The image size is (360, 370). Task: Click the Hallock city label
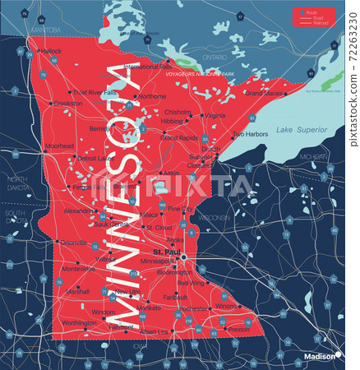51,51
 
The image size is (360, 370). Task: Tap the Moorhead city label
58,146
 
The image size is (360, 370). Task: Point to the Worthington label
80,322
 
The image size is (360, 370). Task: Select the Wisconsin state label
213,218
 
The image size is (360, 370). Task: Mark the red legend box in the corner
313,16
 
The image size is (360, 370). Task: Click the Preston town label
238,330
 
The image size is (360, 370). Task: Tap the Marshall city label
78,292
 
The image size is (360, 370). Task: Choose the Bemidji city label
99,129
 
